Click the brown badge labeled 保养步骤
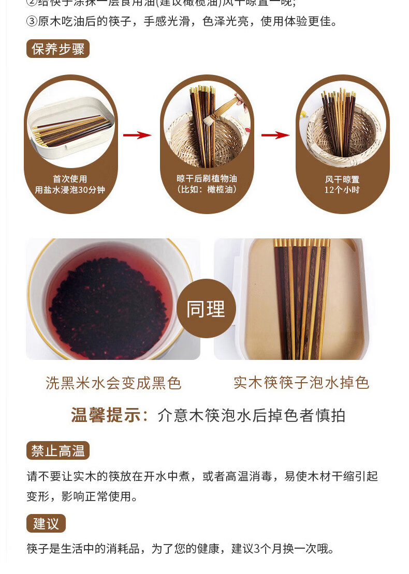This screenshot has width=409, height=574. click(x=58, y=49)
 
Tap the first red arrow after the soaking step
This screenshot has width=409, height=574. click(x=137, y=135)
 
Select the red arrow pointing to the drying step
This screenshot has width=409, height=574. click(x=275, y=135)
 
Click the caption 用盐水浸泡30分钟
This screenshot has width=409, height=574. click(x=70, y=190)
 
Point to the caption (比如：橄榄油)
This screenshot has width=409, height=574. click(x=207, y=189)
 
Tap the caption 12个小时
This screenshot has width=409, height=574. click(x=342, y=189)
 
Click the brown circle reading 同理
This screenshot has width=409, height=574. click(x=206, y=309)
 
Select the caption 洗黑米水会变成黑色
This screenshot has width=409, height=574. click(x=113, y=383)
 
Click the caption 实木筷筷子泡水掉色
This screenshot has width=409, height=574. click(x=301, y=383)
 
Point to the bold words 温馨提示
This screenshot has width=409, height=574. click(x=109, y=415)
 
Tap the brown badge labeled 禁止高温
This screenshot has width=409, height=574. click(x=58, y=450)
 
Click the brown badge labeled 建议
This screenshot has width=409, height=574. click(x=46, y=523)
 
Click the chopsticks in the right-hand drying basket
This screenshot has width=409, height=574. click(x=339, y=122)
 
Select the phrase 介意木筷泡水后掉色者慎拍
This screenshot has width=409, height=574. click(x=251, y=415)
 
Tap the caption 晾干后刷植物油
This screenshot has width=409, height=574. click(x=207, y=178)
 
